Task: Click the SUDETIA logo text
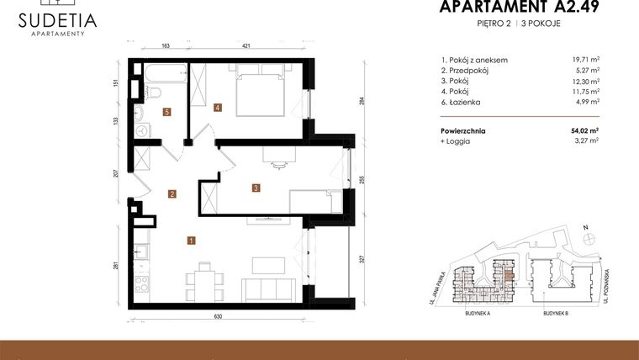coord(58,19)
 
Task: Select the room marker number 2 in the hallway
coord(172,194)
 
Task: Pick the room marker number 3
coord(256,188)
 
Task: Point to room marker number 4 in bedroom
coord(218,108)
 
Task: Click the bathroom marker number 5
coord(167,112)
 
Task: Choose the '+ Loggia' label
coord(455,141)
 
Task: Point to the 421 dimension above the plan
coord(247,46)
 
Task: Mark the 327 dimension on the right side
coord(362,260)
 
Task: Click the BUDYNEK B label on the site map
coord(556,311)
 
